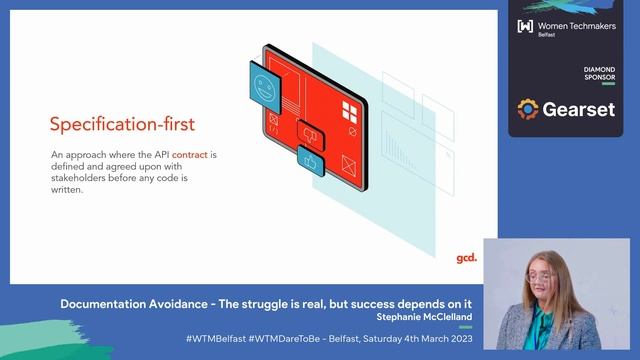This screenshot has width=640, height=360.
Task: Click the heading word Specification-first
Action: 122,125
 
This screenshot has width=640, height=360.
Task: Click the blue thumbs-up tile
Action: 311,160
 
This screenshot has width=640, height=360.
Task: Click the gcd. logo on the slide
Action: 466,258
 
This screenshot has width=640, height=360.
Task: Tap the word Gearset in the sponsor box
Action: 579,109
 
